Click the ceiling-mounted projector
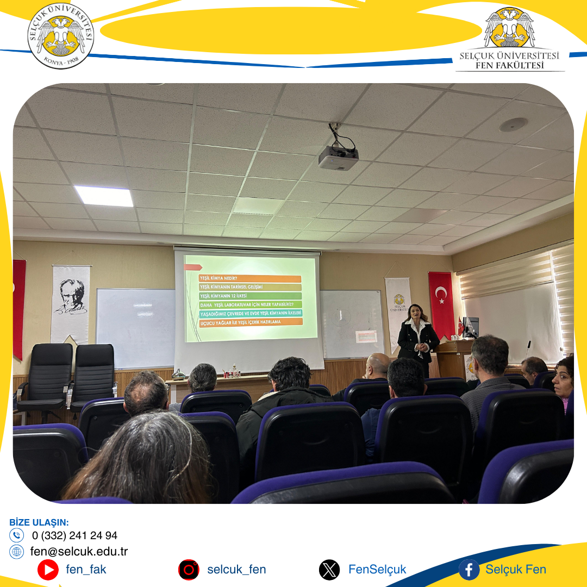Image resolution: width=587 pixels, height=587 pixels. tap(338, 158)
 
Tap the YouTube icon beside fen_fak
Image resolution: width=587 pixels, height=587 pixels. tap(48, 570)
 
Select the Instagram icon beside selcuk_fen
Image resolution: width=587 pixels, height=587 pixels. tap(189, 570)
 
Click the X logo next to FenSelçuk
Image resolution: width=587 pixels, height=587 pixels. tap(329, 570)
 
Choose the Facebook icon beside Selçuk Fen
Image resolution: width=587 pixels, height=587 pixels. tap(469, 570)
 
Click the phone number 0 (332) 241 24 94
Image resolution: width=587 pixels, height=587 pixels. tap(74, 535)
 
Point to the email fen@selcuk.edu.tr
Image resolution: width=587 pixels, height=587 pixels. tap(79, 551)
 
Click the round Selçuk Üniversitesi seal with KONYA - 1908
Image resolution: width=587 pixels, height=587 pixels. tap(61, 36)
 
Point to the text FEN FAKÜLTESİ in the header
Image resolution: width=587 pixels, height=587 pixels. tap(509, 66)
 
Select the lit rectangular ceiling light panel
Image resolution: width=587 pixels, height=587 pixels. tap(104, 196)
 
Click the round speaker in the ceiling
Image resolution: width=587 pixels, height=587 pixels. tap(513, 124)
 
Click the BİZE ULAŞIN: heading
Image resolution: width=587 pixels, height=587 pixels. tap(39, 522)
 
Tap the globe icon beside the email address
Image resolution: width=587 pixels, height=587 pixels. tap(17, 552)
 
